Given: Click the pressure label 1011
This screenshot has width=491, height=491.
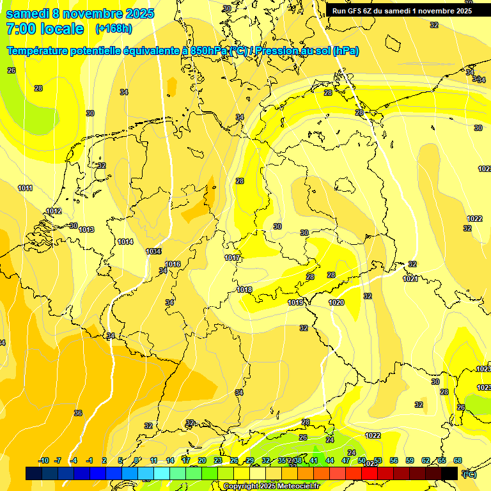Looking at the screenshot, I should point(26,188).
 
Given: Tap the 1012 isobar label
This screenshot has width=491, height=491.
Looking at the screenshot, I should point(54,211).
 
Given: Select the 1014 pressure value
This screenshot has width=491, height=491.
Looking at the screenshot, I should point(125,242).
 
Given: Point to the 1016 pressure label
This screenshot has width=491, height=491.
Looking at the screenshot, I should point(173,264).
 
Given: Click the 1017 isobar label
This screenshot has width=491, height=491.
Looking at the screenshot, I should point(233,258).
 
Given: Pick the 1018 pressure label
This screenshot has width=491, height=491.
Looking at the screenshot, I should point(244,290).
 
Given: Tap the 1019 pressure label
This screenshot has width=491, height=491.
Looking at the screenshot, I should point(295,302).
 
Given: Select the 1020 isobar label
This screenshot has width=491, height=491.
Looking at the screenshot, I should point(336,302).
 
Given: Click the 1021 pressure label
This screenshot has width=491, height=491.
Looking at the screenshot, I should point(410,279).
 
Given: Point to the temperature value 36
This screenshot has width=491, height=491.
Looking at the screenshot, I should point(78,413).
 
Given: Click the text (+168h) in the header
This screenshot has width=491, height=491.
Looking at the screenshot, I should point(113,29).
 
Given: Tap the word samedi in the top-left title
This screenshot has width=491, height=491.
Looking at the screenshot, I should point(29,13).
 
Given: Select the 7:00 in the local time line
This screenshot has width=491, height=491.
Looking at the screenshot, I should point(21,29).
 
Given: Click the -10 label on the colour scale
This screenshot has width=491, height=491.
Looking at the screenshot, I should point(43,460).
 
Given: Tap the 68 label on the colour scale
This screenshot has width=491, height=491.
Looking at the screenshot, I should point(458,460).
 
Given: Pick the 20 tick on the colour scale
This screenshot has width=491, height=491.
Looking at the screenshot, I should point(202,460).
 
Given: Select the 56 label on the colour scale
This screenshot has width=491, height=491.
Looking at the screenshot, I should point(394,460).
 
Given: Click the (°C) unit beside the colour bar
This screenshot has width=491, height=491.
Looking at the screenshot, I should point(469,474).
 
